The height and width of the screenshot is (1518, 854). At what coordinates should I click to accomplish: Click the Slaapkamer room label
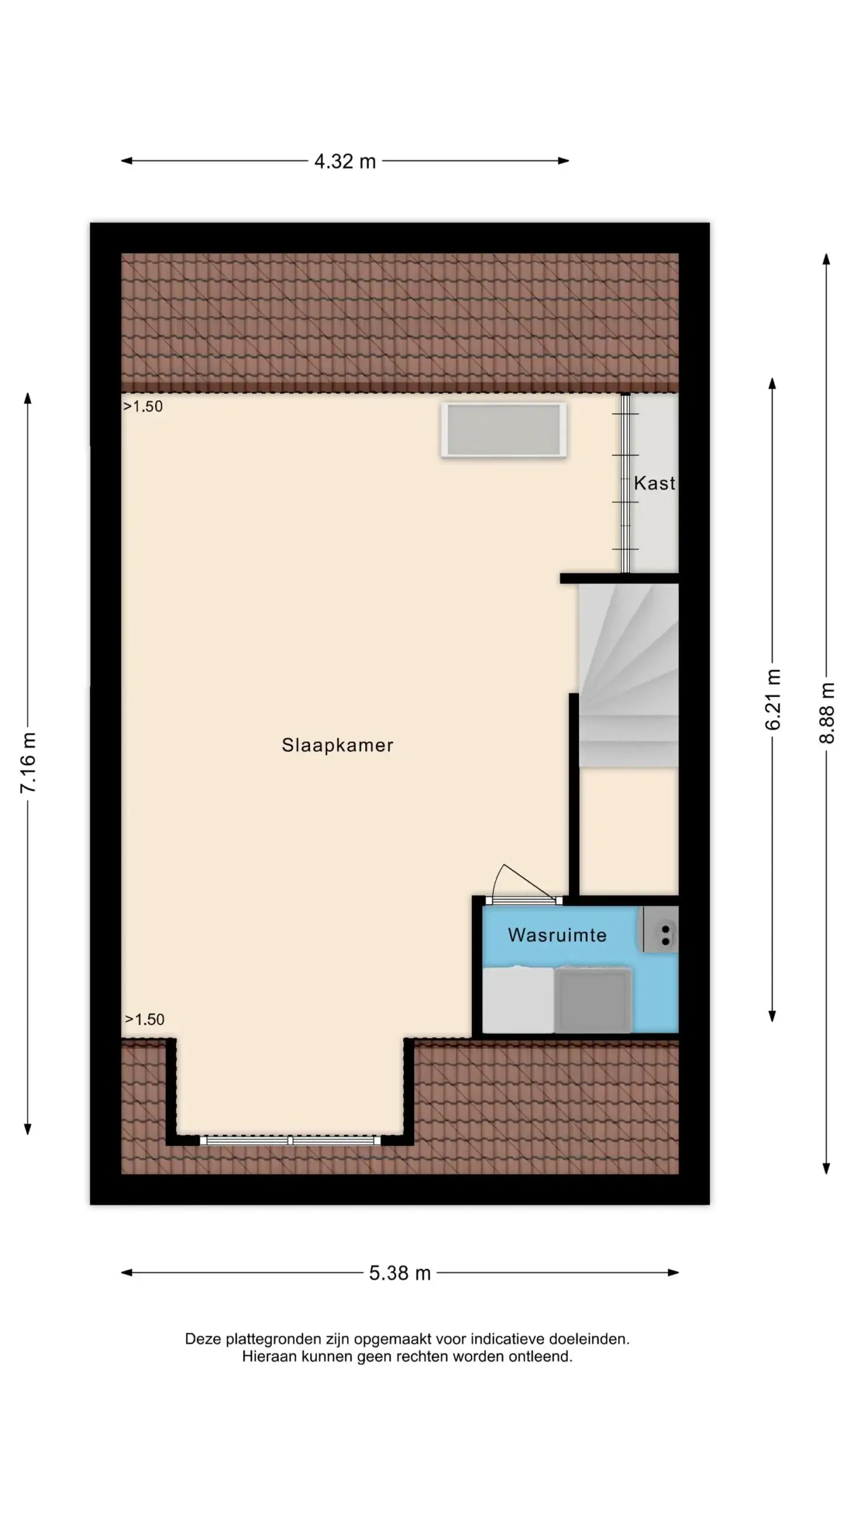[337, 745]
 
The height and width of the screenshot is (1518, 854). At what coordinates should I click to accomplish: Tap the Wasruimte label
[557, 935]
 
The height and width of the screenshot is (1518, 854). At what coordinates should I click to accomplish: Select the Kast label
[655, 483]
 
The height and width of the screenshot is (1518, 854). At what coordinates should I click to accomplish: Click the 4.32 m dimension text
[345, 161]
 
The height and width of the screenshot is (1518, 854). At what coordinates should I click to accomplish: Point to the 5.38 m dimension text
[400, 1273]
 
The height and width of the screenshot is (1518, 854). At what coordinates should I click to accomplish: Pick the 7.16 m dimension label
[28, 763]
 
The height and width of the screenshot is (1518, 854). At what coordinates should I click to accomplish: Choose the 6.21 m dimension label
[773, 700]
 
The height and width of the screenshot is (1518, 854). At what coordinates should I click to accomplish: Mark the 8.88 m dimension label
[827, 713]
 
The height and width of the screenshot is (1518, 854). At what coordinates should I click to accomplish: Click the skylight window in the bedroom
[504, 430]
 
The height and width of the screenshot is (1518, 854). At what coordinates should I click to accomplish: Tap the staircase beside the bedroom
[629, 675]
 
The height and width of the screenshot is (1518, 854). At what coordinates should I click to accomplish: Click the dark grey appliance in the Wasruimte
[592, 1000]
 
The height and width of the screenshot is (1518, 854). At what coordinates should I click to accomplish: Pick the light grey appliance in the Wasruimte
[518, 1000]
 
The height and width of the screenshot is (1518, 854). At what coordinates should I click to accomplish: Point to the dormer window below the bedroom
[290, 1140]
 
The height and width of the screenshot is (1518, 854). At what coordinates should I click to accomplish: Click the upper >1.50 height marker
[143, 407]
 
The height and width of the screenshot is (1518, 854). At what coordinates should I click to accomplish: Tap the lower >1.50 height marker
[145, 1019]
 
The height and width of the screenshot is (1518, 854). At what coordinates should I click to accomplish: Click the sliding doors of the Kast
[625, 483]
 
